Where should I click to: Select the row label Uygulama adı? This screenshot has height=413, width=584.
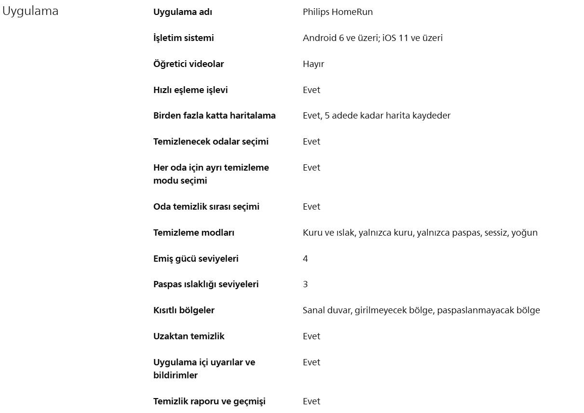pos(182,12)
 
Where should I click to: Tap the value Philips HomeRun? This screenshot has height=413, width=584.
pos(338,12)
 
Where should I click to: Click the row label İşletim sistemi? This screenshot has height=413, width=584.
pos(183,38)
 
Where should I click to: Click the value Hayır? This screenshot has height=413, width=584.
pos(313,64)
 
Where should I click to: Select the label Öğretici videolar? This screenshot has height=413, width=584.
pos(188,64)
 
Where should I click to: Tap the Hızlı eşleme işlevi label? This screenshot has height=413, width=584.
pos(190,90)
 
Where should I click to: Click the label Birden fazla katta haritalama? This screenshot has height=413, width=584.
pos(214,116)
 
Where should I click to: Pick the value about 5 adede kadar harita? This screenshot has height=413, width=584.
pos(376,116)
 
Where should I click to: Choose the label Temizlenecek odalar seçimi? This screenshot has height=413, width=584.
pos(211,142)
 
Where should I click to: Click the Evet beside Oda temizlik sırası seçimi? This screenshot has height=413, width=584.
pos(311,207)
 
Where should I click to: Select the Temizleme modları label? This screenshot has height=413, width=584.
pos(193,233)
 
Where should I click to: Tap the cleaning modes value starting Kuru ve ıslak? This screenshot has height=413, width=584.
pos(420,233)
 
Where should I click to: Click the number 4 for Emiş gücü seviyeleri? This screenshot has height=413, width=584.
pos(305,259)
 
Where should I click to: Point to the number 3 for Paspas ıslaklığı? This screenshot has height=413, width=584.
pos(305,284)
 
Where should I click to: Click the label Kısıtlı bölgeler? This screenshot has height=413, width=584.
pos(184,310)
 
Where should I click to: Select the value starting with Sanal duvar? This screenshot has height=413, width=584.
pos(421,310)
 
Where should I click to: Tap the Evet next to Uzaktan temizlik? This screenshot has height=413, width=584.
pos(311,336)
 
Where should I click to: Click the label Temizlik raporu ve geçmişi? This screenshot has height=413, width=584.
pos(209,401)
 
